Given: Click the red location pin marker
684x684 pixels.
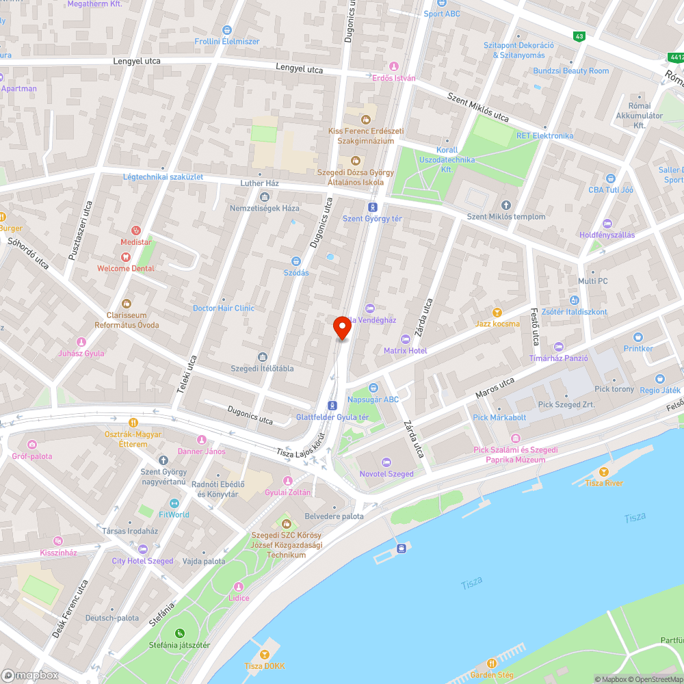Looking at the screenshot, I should [x=341, y=328].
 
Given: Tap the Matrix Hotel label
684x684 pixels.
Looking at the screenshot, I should [x=405, y=351].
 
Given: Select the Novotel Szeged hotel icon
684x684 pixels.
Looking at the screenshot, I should [x=386, y=462].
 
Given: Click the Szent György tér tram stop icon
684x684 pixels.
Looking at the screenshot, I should [x=373, y=207].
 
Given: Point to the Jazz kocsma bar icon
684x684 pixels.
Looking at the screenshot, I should [x=497, y=312].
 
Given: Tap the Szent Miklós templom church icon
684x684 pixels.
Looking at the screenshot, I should [x=506, y=205].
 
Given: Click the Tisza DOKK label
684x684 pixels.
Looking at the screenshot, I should [x=265, y=666].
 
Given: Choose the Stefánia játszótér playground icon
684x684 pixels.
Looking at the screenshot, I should [x=179, y=633].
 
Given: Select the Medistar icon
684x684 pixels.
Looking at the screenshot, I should [x=135, y=231].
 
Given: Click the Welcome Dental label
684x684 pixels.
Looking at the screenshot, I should [x=126, y=269].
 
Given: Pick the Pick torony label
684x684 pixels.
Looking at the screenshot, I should [x=614, y=389].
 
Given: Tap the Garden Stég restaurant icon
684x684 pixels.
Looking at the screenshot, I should [x=492, y=663].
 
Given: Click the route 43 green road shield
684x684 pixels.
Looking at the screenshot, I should [x=579, y=36].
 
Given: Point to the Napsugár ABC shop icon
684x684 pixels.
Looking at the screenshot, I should [x=373, y=388].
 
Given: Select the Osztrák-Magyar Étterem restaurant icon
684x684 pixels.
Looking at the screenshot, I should [x=133, y=423].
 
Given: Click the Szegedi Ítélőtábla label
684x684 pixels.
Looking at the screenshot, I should [x=263, y=369].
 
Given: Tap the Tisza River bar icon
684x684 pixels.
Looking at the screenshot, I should [x=603, y=472].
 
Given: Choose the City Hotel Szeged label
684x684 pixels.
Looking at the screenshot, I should [x=143, y=561].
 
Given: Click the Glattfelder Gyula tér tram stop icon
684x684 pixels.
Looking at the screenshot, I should [x=332, y=406].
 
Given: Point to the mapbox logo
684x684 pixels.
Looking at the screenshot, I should [x=31, y=675].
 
